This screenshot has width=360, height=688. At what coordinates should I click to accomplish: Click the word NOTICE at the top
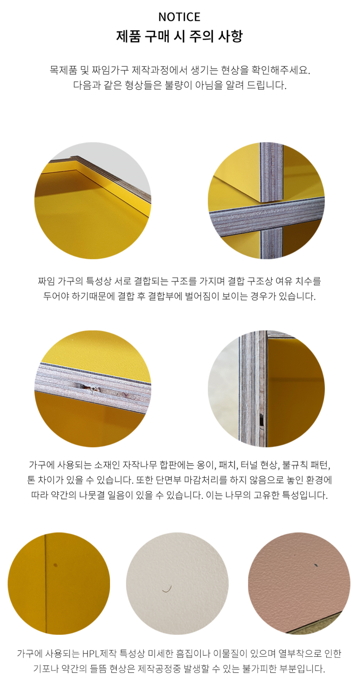pyautogui.click(x=179, y=17)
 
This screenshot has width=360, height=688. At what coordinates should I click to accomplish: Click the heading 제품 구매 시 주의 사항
pyautogui.click(x=179, y=36)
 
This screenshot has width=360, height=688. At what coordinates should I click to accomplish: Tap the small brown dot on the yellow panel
pyautogui.click(x=55, y=565)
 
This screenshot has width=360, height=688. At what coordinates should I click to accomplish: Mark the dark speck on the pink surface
pyautogui.click(x=316, y=565)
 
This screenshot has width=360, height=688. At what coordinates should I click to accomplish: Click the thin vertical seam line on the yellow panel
pyautogui.click(x=46, y=583)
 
